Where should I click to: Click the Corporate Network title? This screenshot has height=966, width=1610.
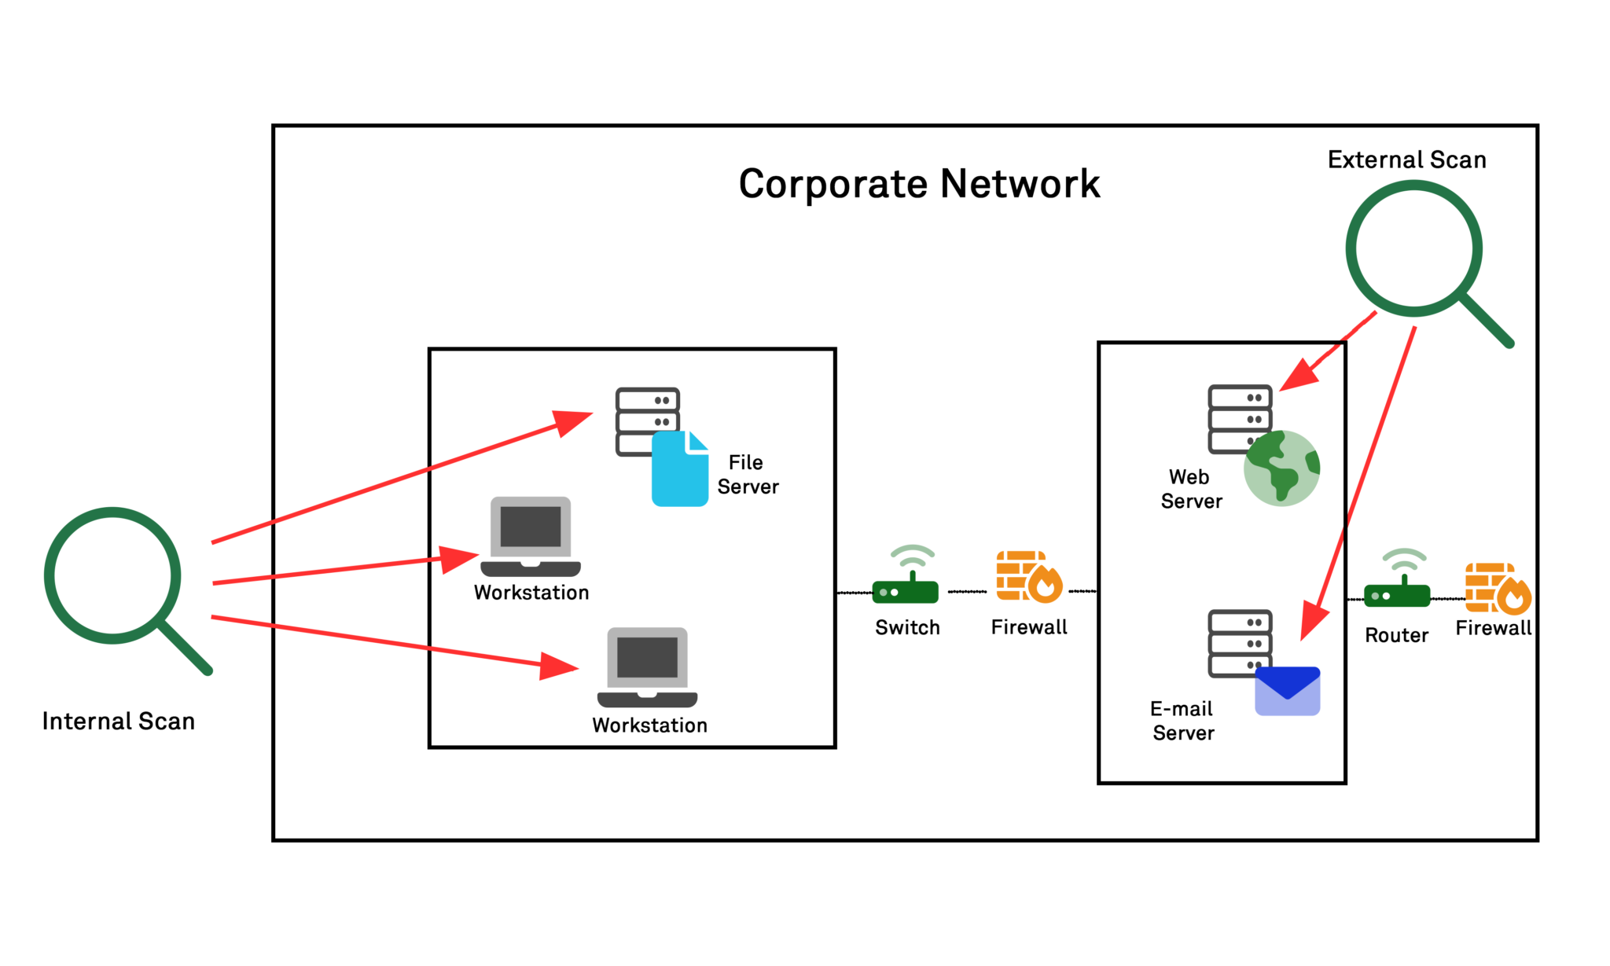pyautogui.click(x=918, y=185)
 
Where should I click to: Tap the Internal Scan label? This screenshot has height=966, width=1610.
pyautogui.click(x=119, y=721)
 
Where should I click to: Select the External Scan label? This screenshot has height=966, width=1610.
pyautogui.click(x=1406, y=160)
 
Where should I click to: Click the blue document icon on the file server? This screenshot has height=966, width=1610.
pyautogui.click(x=679, y=471)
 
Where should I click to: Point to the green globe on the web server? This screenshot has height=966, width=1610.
pyautogui.click(x=1281, y=468)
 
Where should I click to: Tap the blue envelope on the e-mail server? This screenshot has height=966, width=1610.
pyautogui.click(x=1287, y=691)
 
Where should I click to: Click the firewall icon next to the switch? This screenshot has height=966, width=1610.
pyautogui.click(x=1027, y=578)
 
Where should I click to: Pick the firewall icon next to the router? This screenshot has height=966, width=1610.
pyautogui.click(x=1497, y=588)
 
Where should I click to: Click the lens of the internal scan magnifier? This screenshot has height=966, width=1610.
pyautogui.click(x=112, y=575)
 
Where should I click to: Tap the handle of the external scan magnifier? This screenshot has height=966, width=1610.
pyautogui.click(x=1487, y=321)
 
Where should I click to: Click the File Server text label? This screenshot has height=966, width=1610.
pyautogui.click(x=747, y=474)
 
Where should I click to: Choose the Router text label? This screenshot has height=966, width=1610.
pyautogui.click(x=1396, y=635)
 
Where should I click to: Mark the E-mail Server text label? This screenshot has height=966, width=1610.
pyautogui.click(x=1182, y=721)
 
